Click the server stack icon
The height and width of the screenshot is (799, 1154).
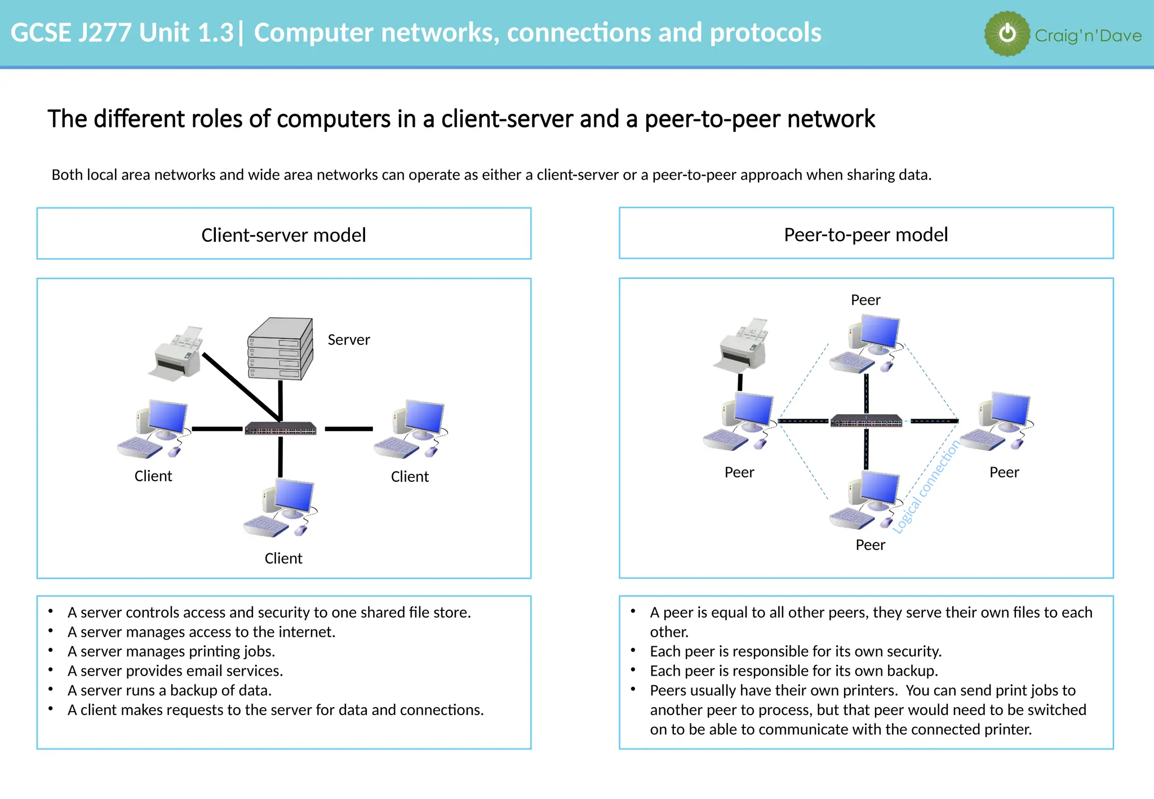tap(280, 349)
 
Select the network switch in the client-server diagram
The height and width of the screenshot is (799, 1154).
tap(280, 429)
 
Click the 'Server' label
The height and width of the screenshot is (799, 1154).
tap(349, 340)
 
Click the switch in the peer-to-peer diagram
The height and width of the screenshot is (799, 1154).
tap(866, 421)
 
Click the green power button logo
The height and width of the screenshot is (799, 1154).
tap(1007, 34)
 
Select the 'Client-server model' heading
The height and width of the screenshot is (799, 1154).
tap(283, 235)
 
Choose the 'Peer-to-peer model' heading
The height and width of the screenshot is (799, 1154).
tap(865, 234)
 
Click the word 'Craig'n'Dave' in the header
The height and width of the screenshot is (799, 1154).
tap(1088, 36)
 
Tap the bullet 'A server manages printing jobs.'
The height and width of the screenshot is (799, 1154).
tap(171, 651)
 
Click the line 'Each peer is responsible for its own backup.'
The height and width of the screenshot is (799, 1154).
tap(793, 671)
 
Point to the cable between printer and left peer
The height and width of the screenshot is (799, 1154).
tap(740, 382)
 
